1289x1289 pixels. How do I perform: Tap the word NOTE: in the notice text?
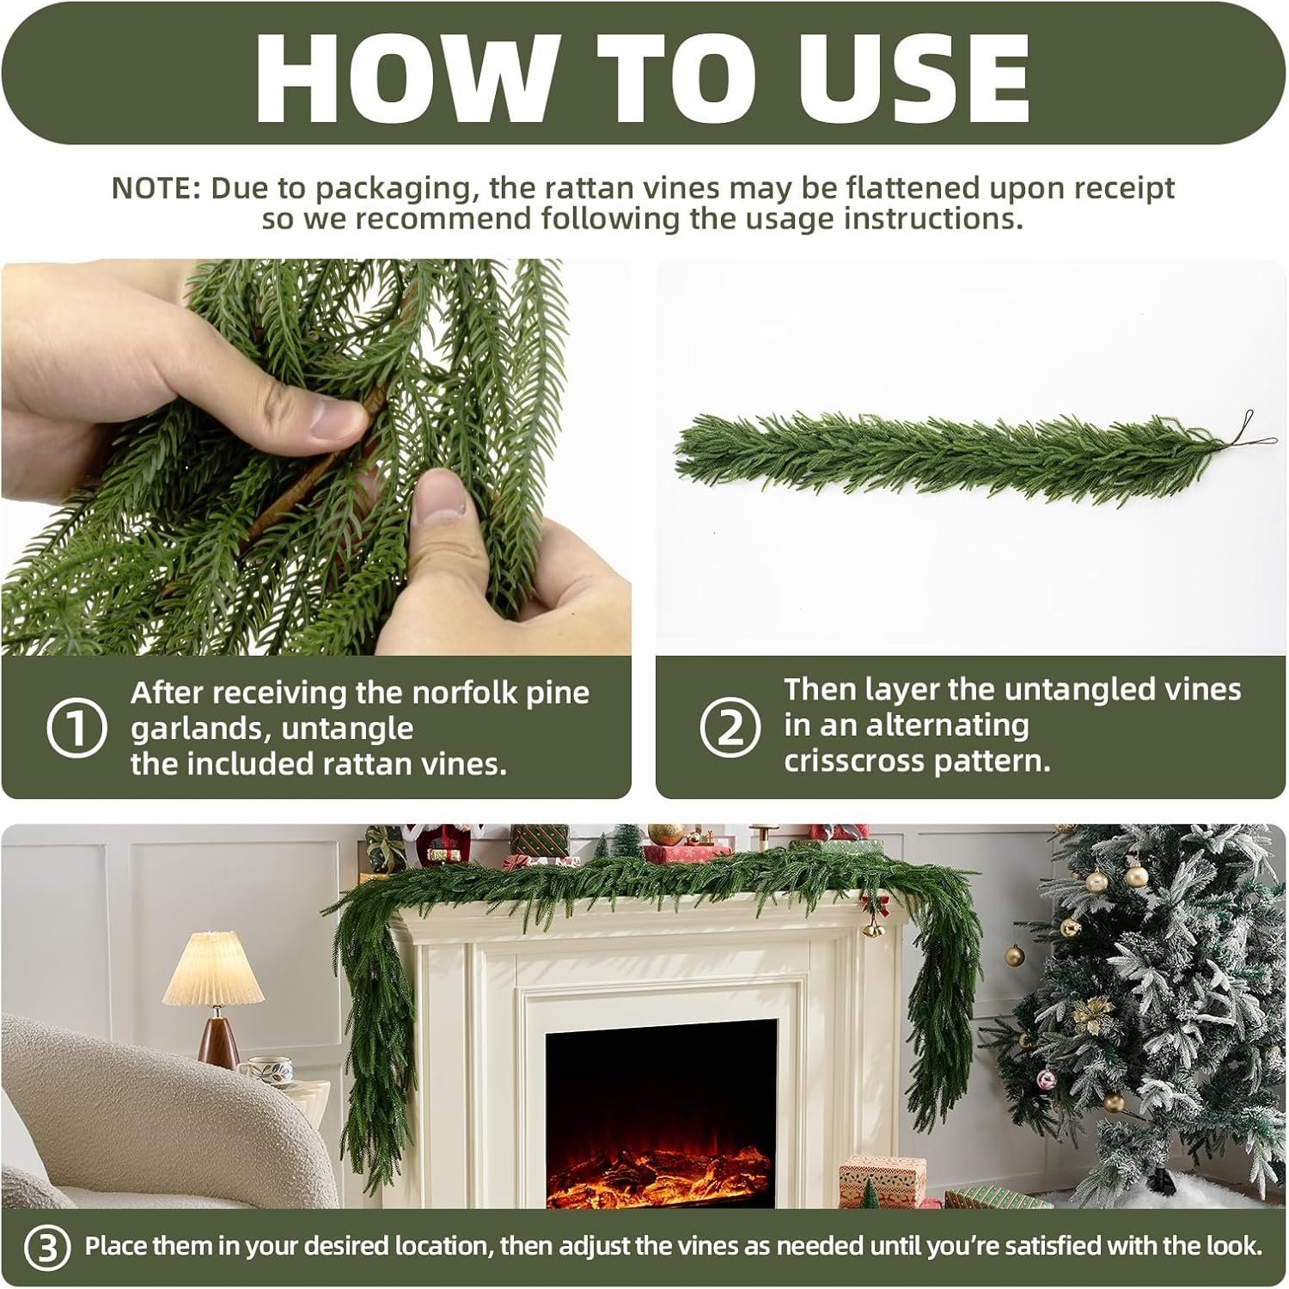[x=156, y=187]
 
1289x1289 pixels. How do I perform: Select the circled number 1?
[x=76, y=729]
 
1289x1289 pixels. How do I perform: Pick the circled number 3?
[x=48, y=1248]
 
